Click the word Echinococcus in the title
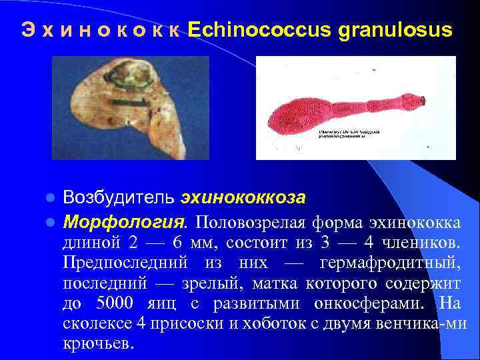[x=262, y=31]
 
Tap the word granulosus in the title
[x=397, y=31]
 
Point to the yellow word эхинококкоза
[x=243, y=198]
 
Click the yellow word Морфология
[x=125, y=220]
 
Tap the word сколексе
[x=99, y=325]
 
